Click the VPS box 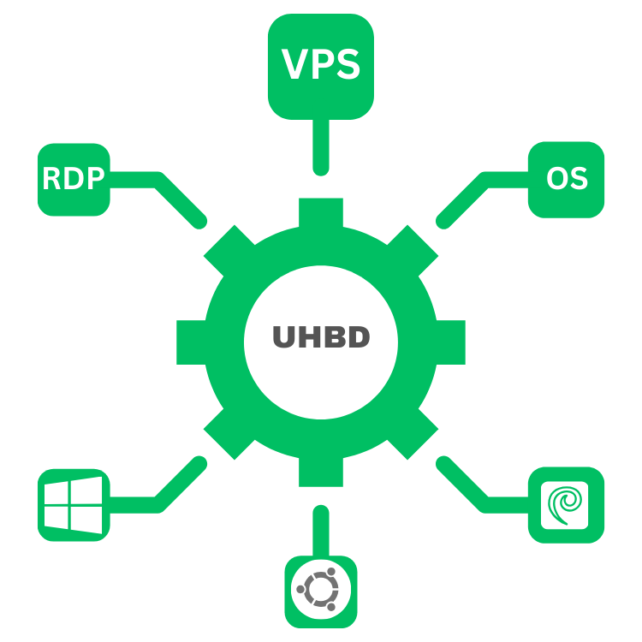(321, 66)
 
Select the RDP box (74, 179)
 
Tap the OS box (566, 179)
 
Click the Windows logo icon (74, 504)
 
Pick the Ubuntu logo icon (320, 590)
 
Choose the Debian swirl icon (566, 504)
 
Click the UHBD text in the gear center (321, 338)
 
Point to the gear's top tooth (321, 212)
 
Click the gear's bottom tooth (321, 472)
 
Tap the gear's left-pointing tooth (190, 342)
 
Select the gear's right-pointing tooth (451, 342)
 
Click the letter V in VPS (295, 66)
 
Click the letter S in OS (579, 179)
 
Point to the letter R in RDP (52, 179)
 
